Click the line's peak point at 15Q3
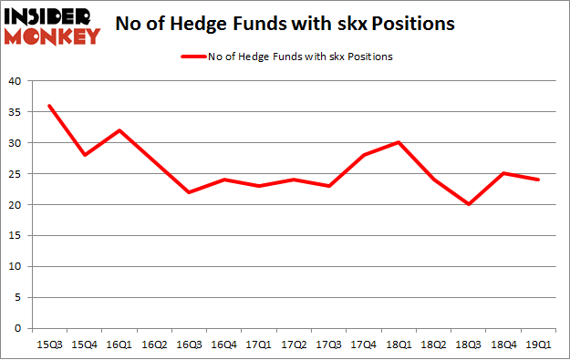[49, 106]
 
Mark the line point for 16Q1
[120, 130]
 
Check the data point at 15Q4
[85, 155]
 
